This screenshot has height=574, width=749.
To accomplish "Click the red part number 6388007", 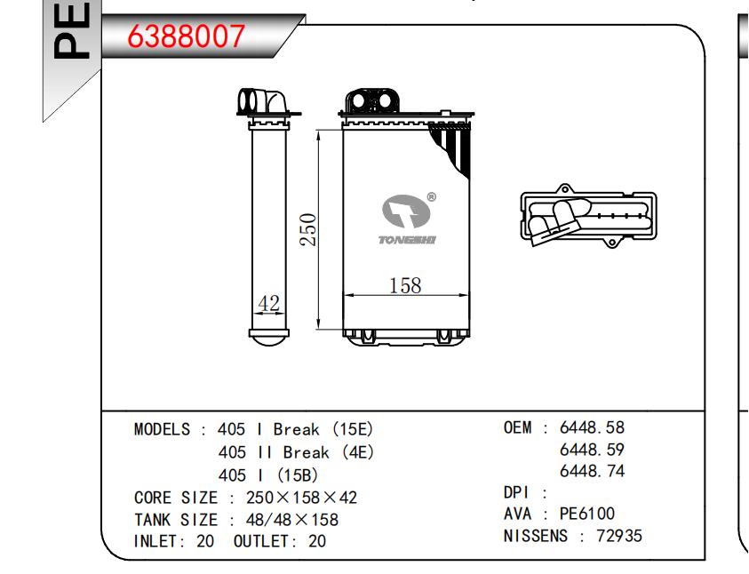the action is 187,36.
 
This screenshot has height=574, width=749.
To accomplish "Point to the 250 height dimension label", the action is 308,230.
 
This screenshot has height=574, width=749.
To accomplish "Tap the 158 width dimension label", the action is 405,285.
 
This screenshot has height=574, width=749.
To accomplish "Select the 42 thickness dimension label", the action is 268,303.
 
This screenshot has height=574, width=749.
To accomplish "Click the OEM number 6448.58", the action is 592,427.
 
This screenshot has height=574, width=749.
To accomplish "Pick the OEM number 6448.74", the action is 592,471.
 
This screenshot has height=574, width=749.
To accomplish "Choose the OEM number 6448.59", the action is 592,450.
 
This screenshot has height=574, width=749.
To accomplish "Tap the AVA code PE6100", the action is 587,514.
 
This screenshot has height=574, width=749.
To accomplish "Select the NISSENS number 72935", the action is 619,536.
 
